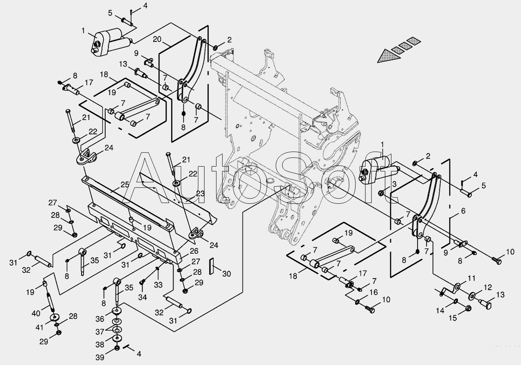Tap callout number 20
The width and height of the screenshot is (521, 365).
tap(158, 39)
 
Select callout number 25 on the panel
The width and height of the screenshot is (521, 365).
tap(125, 184)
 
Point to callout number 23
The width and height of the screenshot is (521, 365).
tap(200, 193)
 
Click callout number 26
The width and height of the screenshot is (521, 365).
tap(194, 251)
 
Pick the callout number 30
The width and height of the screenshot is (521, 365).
tap(226, 274)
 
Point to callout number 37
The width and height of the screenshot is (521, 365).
tap(100, 332)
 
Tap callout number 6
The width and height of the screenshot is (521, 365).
tap(463, 211)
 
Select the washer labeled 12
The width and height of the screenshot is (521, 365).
tap(472, 295)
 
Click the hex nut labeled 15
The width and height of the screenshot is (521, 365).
tap(469, 307)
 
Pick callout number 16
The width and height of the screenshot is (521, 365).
tap(373, 292)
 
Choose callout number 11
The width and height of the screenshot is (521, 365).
tap(472, 278)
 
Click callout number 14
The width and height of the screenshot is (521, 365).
tap(440, 311)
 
